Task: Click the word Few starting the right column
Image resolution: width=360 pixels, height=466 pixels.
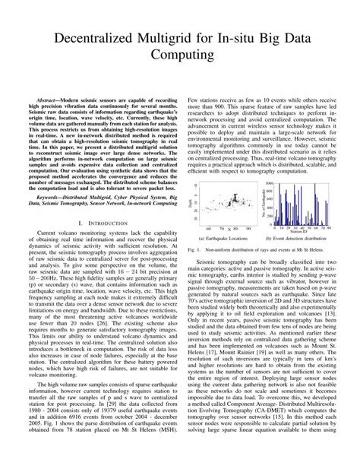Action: [193, 100]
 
